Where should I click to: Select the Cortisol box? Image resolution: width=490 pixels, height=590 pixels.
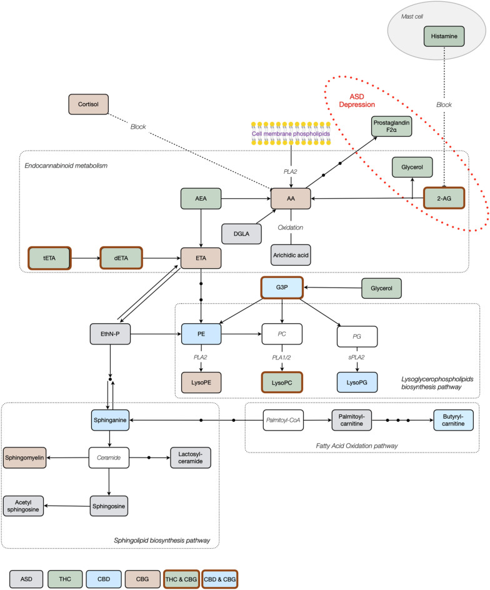tap(89, 105)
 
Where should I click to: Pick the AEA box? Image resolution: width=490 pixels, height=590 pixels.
tap(201, 199)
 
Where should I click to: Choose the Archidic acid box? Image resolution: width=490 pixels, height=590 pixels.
tap(291, 255)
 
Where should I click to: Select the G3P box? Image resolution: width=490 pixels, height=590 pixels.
tap(282, 288)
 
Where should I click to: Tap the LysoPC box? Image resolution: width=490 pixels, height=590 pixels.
tap(282, 382)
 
